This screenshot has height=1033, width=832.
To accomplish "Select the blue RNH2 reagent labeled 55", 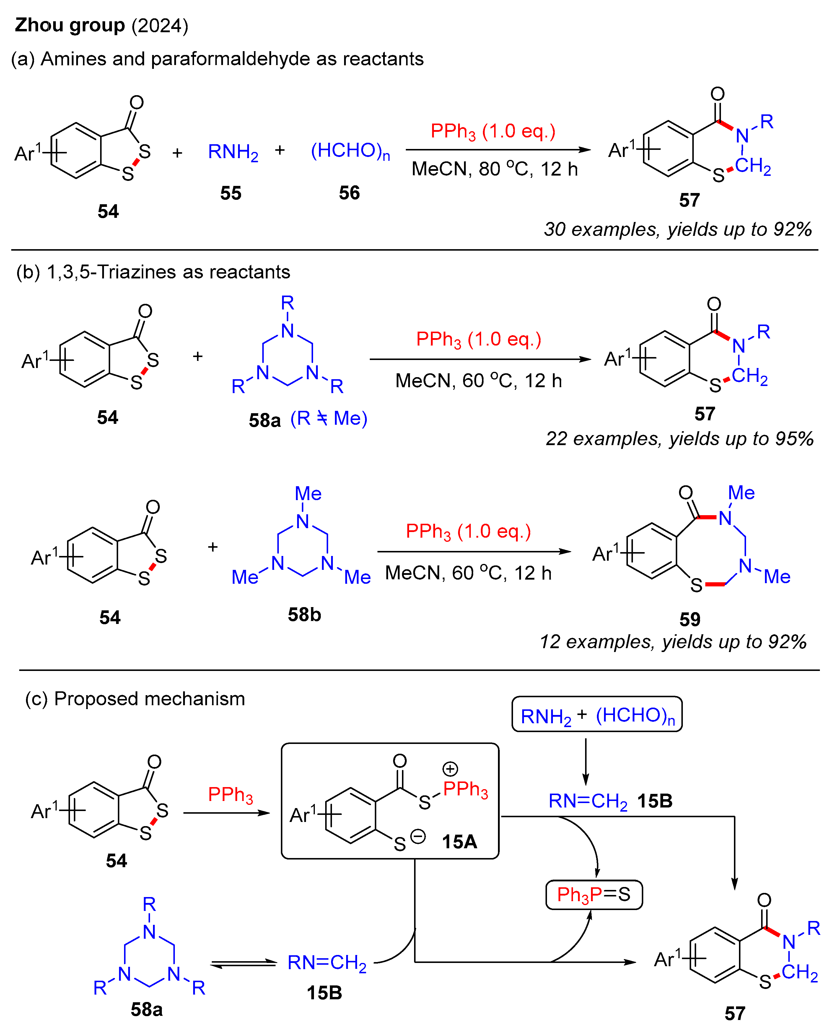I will [233, 152].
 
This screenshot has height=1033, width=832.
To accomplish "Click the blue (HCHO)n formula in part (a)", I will [350, 151].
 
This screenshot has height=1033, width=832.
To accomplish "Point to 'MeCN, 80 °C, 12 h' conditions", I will [495, 169].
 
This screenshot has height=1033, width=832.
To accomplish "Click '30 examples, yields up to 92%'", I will [677, 229].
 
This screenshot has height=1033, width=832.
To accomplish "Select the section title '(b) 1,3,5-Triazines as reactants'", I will [153, 272].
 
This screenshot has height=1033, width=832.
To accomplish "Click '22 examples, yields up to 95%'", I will [679, 438].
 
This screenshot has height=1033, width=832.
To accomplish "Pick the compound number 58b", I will [304, 614].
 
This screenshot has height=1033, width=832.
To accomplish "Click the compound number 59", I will [690, 619].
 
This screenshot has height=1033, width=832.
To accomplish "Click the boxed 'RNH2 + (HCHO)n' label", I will [597, 715].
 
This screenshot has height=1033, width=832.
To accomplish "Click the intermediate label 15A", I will [459, 842].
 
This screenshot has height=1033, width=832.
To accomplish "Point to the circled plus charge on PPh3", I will [450, 769].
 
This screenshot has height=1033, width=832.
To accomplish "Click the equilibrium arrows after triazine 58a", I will [243, 964].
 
